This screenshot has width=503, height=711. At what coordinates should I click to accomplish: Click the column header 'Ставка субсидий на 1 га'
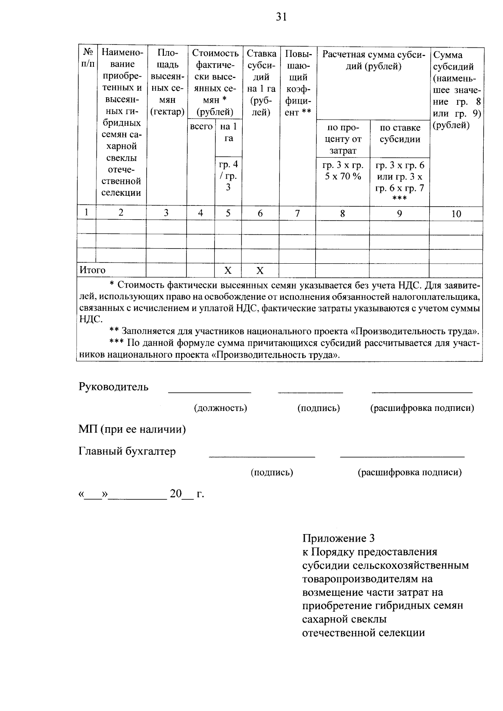tap(260, 83)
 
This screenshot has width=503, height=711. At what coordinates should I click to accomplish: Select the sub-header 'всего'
tap(201, 127)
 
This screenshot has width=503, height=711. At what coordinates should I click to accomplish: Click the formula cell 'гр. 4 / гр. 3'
tap(228, 176)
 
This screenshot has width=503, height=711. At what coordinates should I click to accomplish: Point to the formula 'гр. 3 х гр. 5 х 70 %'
tap(342, 170)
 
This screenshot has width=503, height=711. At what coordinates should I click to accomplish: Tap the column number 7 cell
tap(297, 213)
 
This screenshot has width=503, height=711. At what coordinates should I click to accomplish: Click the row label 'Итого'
tap(93, 270)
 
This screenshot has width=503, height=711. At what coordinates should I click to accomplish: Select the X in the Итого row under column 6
tap(260, 270)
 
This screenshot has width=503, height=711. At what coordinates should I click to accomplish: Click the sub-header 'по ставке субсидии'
tap(399, 133)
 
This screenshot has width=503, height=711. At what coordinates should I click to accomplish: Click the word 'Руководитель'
tap(113, 387)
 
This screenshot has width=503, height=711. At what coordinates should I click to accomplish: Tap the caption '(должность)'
tap(220, 408)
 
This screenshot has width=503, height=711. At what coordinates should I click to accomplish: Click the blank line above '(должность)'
tap(209, 392)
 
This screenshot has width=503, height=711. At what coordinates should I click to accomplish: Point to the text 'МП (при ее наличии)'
tap(132, 429)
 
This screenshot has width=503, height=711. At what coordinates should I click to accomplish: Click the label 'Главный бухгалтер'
tap(127, 452)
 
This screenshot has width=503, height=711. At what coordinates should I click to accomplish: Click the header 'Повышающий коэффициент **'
tap(298, 83)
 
